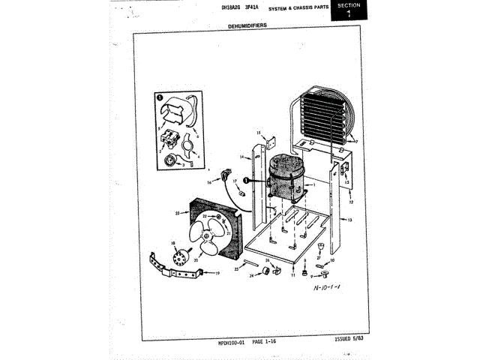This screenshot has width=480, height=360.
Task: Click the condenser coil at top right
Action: (325, 115)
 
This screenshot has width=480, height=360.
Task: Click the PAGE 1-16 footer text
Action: (268, 341)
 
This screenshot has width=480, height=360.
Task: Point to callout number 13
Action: (349, 220)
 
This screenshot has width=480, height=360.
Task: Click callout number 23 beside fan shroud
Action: (177, 213)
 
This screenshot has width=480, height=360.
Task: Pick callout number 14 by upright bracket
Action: (243, 157)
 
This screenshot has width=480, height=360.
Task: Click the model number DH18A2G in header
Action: (231, 7)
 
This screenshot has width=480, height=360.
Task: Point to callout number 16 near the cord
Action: (209, 181)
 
